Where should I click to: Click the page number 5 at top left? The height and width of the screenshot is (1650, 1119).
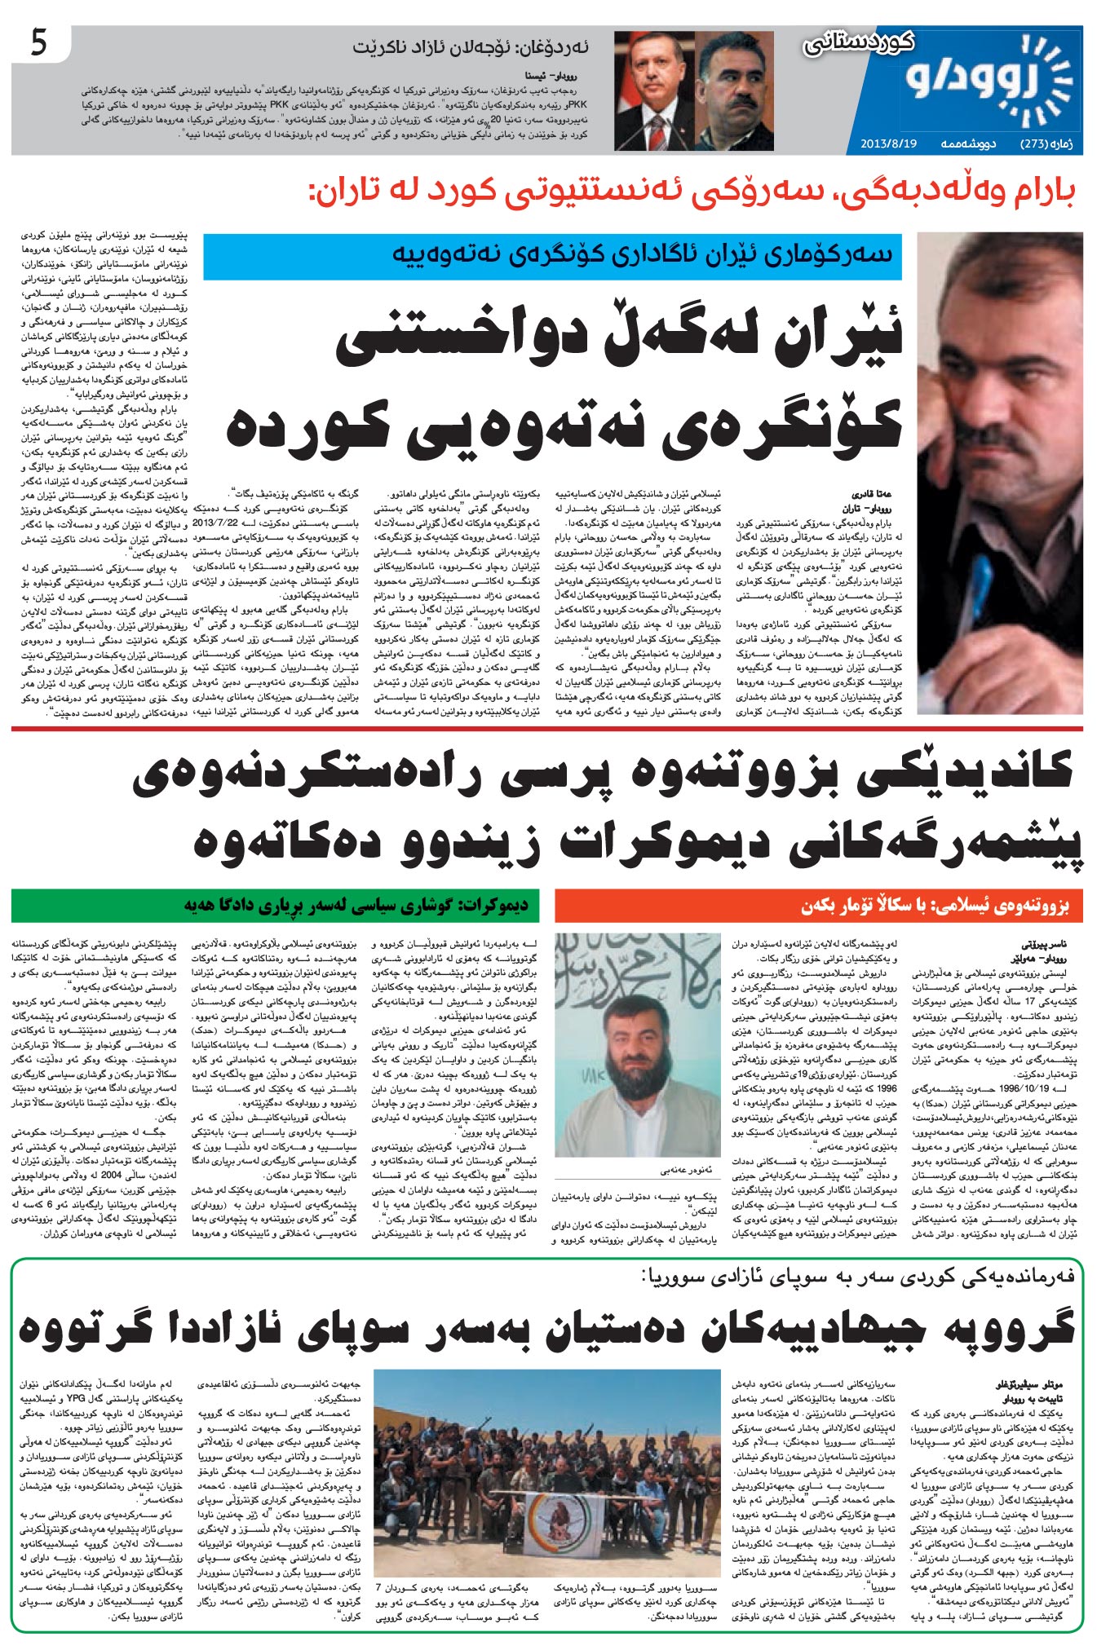(x=39, y=43)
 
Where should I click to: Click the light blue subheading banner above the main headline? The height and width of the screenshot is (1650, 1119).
(x=552, y=257)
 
